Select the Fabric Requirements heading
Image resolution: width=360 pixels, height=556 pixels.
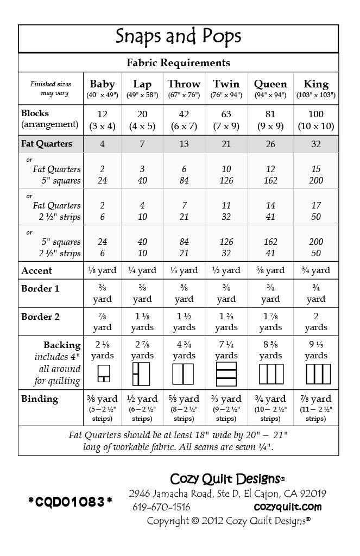pyautogui.click(x=178, y=63)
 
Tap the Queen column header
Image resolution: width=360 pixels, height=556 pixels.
pyautogui.click(x=270, y=84)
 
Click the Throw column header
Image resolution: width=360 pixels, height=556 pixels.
pyautogui.click(x=184, y=84)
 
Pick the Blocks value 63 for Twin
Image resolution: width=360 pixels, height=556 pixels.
pyautogui.click(x=226, y=115)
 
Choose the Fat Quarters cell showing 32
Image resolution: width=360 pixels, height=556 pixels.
pyautogui.click(x=316, y=144)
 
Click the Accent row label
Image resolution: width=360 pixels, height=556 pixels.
pyautogui.click(x=37, y=270)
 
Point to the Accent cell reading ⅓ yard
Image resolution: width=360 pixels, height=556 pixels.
pyautogui.click(x=184, y=270)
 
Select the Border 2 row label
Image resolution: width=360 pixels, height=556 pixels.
pyautogui.click(x=41, y=317)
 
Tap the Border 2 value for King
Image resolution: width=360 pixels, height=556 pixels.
pyautogui.click(x=316, y=321)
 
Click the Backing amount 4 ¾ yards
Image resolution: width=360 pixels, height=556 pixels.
pyautogui.click(x=184, y=350)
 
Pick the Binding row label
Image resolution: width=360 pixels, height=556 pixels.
pyautogui.click(x=40, y=399)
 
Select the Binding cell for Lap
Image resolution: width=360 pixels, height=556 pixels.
pyautogui.click(x=142, y=408)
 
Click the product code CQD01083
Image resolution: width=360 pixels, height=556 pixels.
pyautogui.click(x=71, y=502)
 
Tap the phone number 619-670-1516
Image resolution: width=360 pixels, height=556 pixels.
pyautogui.click(x=161, y=507)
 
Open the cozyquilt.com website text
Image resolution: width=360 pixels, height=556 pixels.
pyautogui.click(x=288, y=507)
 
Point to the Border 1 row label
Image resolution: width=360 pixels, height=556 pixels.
pyautogui.click(x=40, y=289)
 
